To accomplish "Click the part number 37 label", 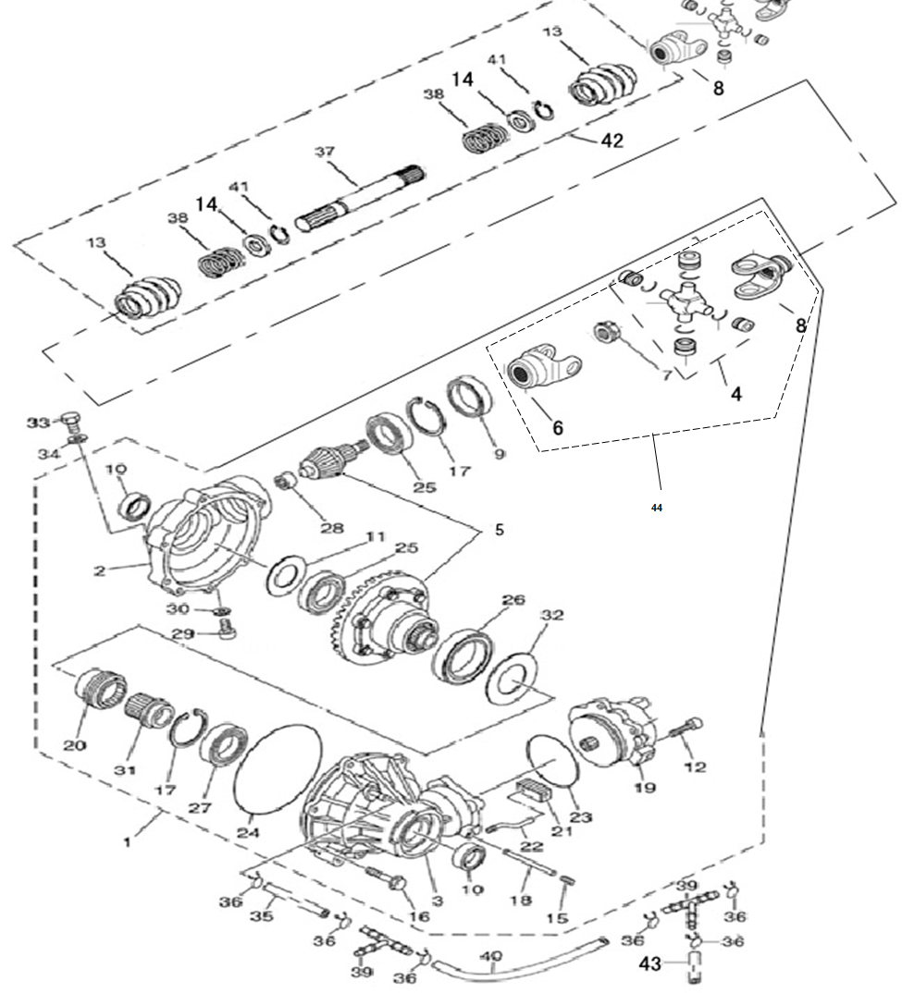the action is click(325, 152).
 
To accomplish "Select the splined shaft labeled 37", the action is click(360, 199).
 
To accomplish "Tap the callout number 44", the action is click(656, 508).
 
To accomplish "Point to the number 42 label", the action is click(612, 140).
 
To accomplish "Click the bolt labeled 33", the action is click(72, 419).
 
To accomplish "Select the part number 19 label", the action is click(645, 787).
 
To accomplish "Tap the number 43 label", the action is click(649, 963).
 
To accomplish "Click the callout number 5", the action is click(500, 530).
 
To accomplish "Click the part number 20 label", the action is click(74, 745).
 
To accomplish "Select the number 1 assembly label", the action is click(128, 841).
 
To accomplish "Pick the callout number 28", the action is click(331, 528).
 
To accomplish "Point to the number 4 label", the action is click(735, 394).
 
